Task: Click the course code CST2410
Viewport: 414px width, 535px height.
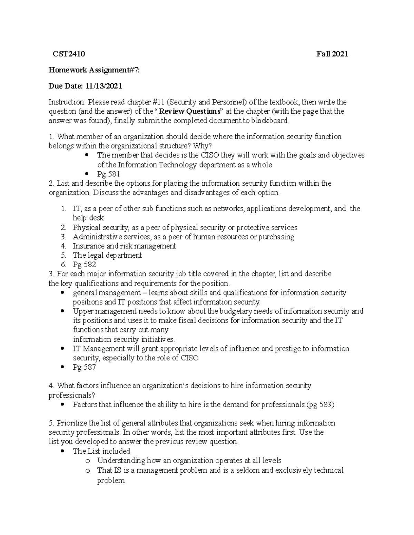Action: coord(69,54)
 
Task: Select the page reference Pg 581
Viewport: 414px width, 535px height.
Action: coord(109,174)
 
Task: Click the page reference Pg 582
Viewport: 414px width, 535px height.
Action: coord(84,265)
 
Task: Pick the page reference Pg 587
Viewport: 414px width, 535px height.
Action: coord(84,367)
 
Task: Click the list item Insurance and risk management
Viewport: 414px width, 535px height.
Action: coord(124,246)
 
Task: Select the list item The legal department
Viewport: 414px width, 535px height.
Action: coord(107,255)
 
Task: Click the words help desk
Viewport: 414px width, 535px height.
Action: coord(88,218)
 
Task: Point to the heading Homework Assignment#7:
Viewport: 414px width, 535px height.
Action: coord(94,70)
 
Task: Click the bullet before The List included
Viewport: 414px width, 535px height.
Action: coord(62,451)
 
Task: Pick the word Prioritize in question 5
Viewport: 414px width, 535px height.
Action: coord(72,423)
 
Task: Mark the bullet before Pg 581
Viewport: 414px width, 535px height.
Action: coord(87,174)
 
